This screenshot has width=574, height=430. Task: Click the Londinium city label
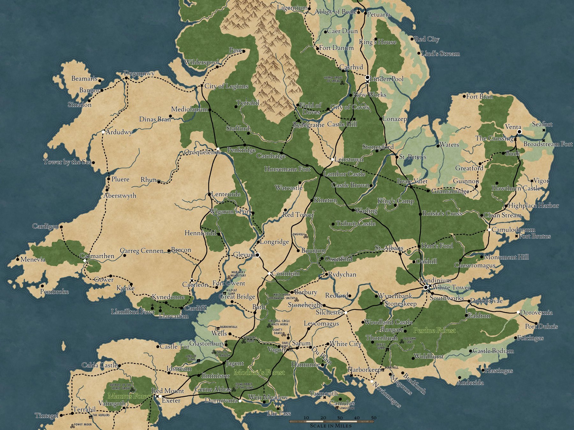435,281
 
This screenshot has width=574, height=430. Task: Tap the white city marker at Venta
519,132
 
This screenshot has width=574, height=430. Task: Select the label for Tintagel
47,416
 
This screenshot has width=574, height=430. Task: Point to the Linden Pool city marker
367,77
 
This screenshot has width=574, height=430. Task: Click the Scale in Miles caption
331,426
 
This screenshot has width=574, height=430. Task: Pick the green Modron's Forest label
259,372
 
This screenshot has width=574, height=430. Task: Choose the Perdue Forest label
434,331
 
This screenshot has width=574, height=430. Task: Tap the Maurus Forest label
129,396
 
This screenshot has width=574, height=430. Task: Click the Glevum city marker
258,255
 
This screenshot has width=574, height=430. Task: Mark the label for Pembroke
54,291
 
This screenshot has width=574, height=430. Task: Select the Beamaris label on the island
84,78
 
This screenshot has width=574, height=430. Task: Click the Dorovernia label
536,312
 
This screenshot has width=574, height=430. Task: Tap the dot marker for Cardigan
61,227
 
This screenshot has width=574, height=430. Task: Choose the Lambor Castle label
344,174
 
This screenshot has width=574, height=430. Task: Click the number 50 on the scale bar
373,418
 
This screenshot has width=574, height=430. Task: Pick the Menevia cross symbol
17,258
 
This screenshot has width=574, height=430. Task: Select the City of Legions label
226,86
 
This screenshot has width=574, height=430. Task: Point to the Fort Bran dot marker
464,96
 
